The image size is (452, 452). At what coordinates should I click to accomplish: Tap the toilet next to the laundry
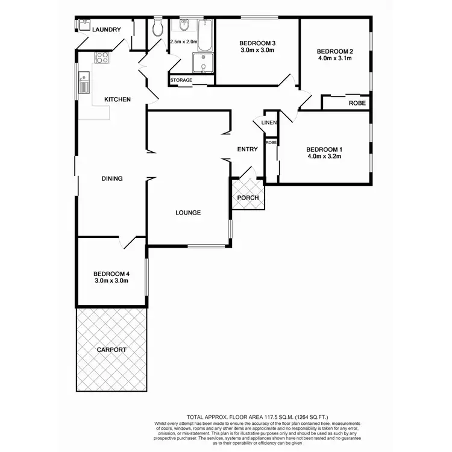pyautogui.click(x=158, y=28)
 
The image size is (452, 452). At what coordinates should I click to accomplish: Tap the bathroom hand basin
pyautogui.click(x=184, y=26)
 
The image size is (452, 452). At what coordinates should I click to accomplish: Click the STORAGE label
pyautogui.click(x=181, y=80)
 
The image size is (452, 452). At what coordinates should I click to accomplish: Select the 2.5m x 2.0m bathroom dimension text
pyautogui.click(x=184, y=42)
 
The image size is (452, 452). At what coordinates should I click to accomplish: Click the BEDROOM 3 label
pyautogui.click(x=257, y=43)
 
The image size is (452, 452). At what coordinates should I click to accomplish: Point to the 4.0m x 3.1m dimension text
pyautogui.click(x=334, y=59)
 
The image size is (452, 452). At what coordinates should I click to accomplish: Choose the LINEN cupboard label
pyautogui.click(x=269, y=123)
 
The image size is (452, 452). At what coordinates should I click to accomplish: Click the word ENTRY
pyautogui.click(x=247, y=149)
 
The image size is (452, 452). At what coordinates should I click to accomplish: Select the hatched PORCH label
pyautogui.click(x=248, y=198)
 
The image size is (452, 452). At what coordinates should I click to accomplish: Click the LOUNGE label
pyautogui.click(x=188, y=213)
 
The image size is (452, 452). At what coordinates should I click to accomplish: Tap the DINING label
pyautogui.click(x=112, y=178)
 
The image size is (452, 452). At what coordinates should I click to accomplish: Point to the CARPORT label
pyautogui.click(x=111, y=350)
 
